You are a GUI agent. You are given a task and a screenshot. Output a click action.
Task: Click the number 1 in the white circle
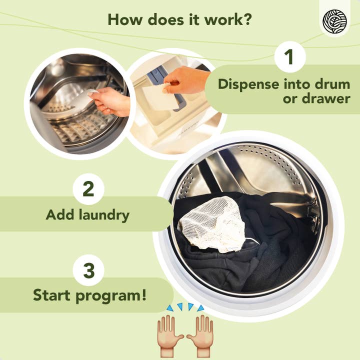(x=290, y=57)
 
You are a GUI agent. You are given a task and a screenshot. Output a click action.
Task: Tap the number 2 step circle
(x=88, y=189)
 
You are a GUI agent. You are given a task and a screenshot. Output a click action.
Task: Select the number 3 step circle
(x=88, y=271)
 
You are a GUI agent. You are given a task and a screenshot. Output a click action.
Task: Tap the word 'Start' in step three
(x=52, y=295)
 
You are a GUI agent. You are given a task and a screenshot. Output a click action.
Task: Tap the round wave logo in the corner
(x=334, y=21)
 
